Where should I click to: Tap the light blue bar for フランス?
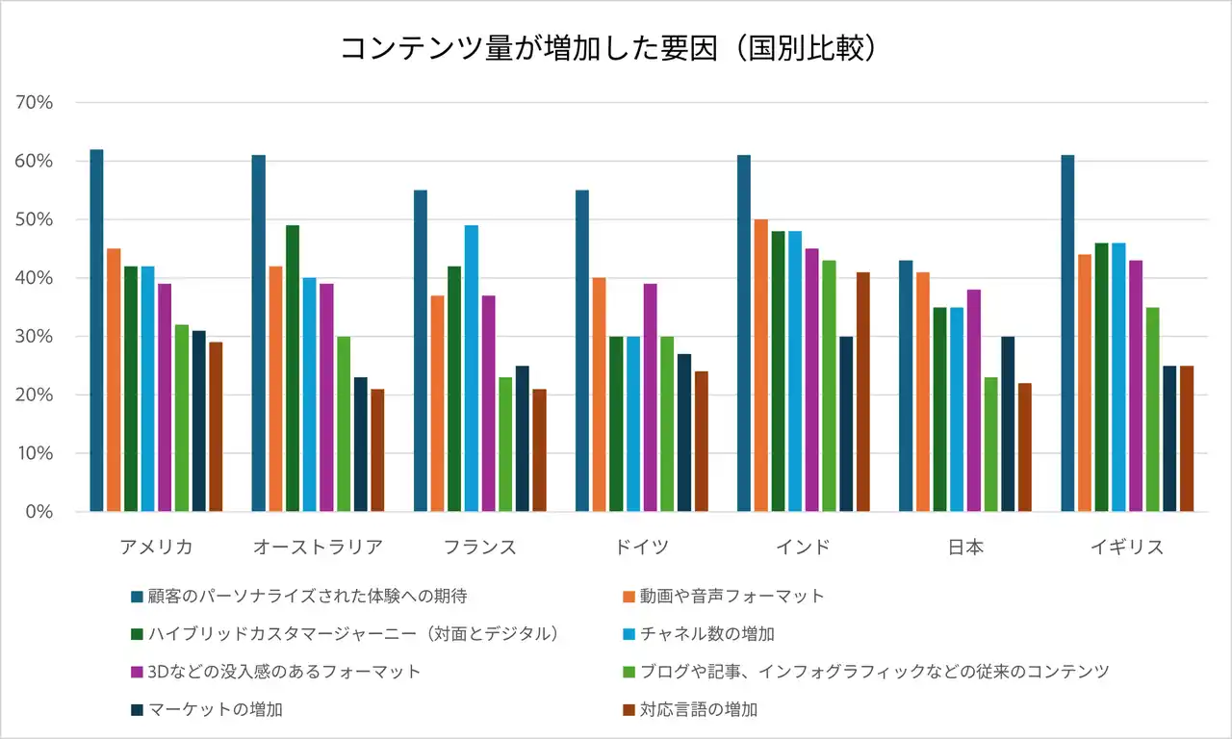(x=472, y=368)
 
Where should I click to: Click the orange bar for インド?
(x=760, y=365)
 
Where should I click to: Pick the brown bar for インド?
(x=862, y=392)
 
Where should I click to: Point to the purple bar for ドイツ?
(x=651, y=397)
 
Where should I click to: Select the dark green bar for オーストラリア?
(x=293, y=368)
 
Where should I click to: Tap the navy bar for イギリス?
(x=1169, y=438)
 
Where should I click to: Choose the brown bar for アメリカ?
(x=216, y=426)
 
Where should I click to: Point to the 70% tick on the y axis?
(x=35, y=103)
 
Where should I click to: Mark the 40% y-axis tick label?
(x=35, y=278)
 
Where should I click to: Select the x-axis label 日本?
(x=965, y=548)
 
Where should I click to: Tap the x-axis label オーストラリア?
(x=318, y=548)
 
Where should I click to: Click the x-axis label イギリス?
(x=1127, y=548)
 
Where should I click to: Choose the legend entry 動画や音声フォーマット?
(x=732, y=596)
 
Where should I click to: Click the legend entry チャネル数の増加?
(x=707, y=633)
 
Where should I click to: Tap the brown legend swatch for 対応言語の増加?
(x=629, y=710)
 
